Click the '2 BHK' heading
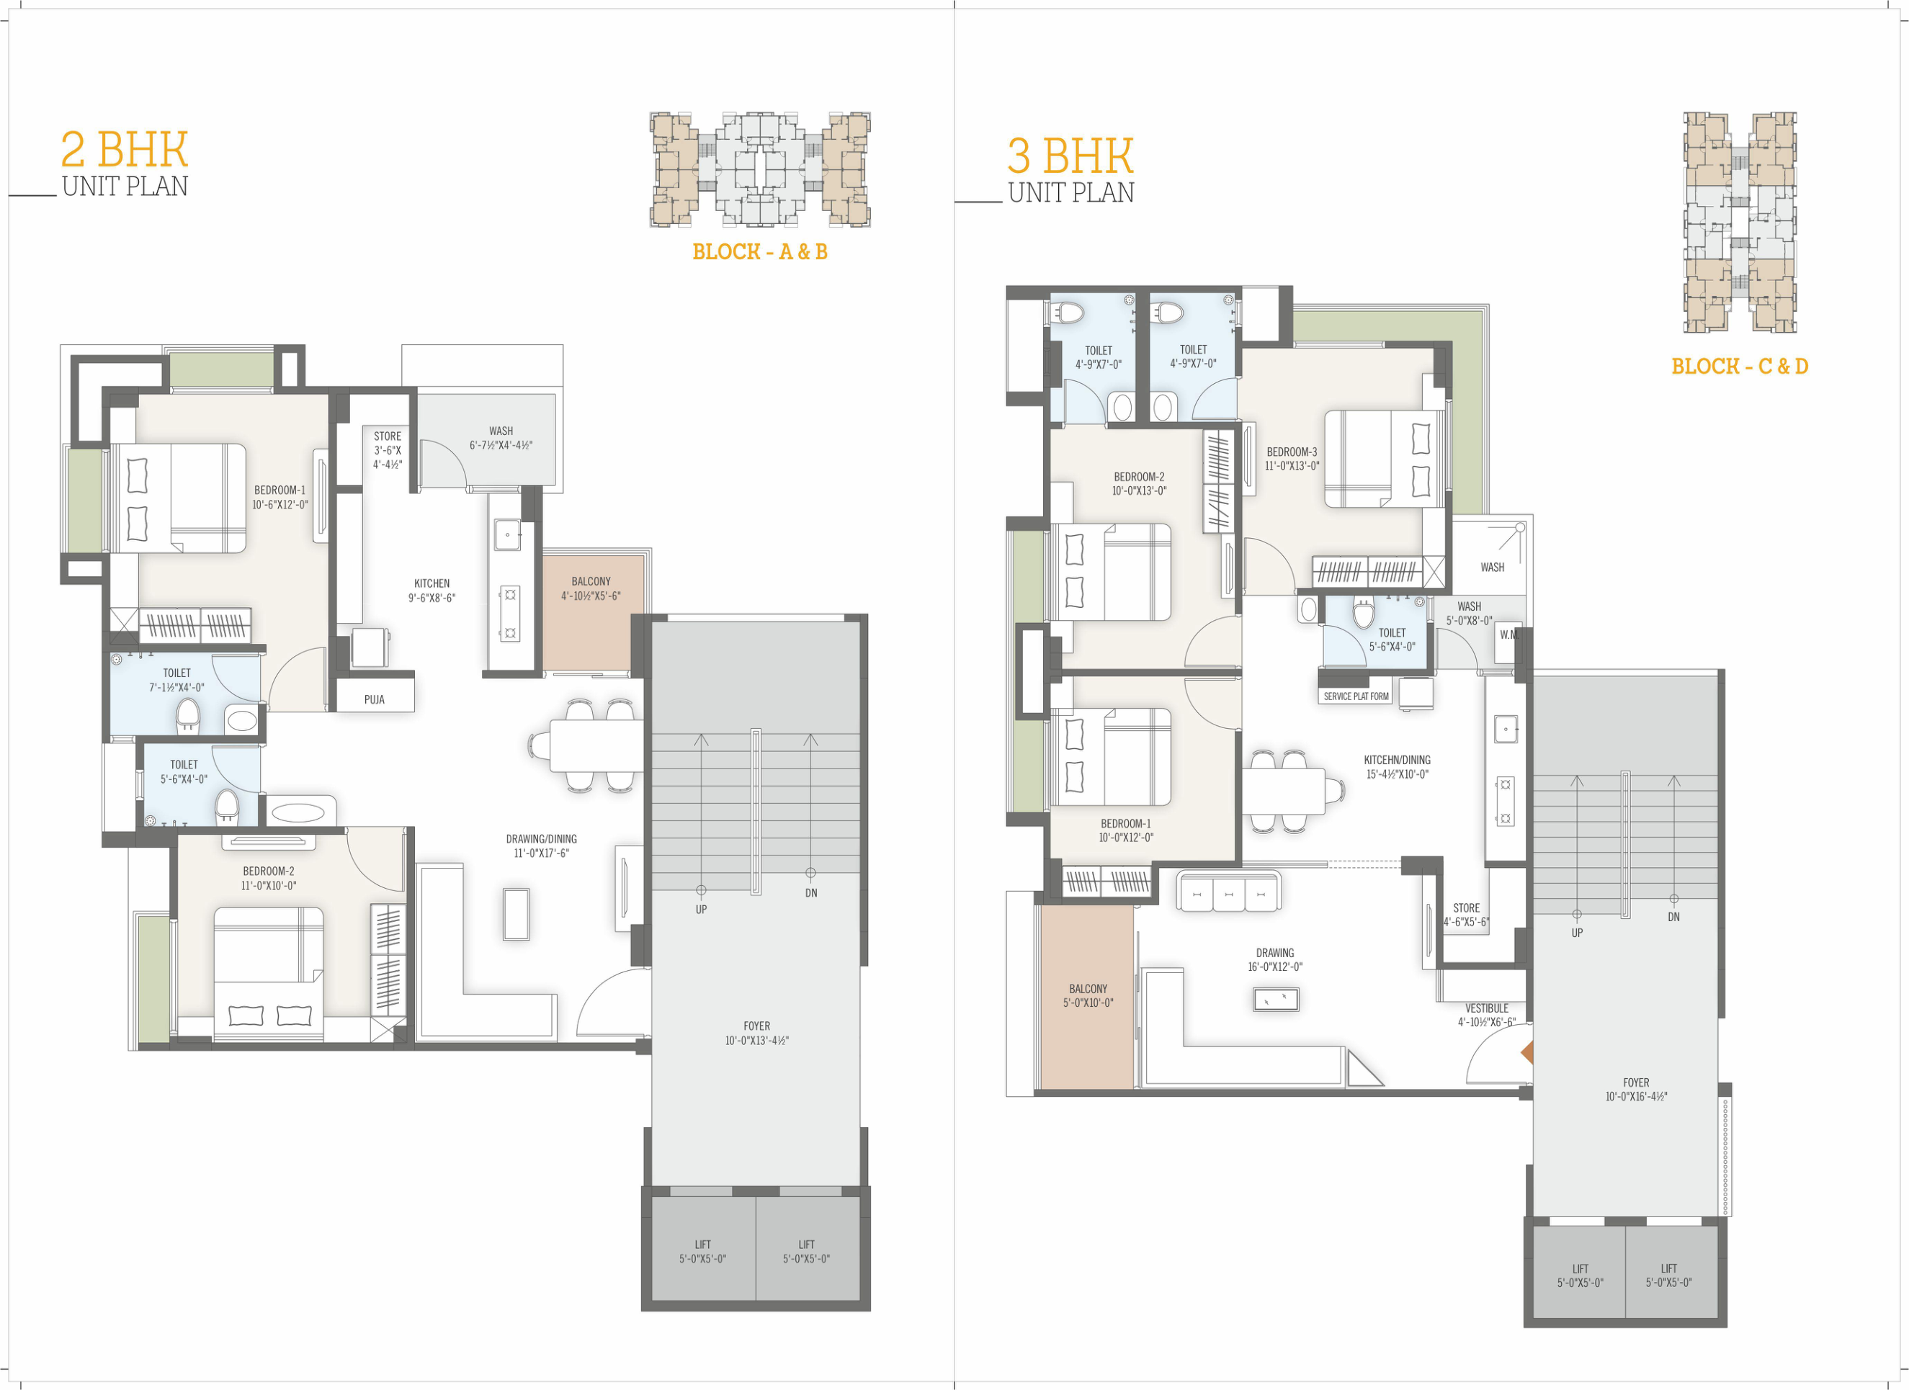[125, 150]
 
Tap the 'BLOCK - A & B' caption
[759, 251]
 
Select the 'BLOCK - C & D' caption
[1739, 366]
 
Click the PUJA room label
[375, 699]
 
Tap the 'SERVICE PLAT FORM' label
[1356, 696]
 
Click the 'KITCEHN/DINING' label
[1398, 760]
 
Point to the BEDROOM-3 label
[1292, 452]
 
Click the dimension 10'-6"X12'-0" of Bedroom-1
[280, 505]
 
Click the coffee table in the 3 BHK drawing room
[1276, 1000]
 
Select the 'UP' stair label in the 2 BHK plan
[701, 910]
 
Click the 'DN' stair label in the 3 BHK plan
[1673, 917]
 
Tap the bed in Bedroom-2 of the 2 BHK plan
[269, 974]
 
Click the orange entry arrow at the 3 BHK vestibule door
[1527, 1052]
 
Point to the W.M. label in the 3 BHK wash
[1508, 635]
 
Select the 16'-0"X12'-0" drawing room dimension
[1275, 967]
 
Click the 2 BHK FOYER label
[756, 1026]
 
